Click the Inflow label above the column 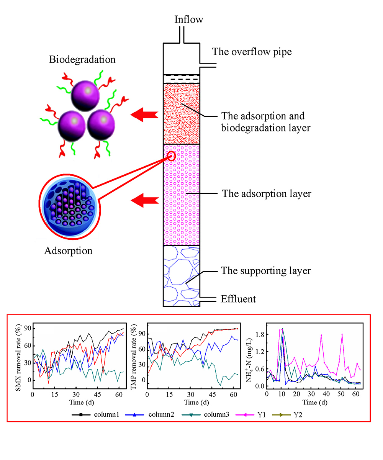(x=189, y=20)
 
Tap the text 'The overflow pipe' (x=252, y=52)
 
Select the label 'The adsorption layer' (x=267, y=194)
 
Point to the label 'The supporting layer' (x=266, y=270)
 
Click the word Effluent (x=238, y=299)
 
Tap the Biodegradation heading (x=82, y=59)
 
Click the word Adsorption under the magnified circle (x=68, y=251)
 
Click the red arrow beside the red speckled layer (x=144, y=115)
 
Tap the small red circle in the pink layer (x=171, y=156)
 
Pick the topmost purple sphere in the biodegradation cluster (x=85, y=96)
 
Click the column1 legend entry (x=95, y=415)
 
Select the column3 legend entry (x=206, y=415)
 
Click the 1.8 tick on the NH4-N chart (x=260, y=334)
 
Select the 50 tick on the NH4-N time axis (x=341, y=394)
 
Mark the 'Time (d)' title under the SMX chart (x=82, y=402)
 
